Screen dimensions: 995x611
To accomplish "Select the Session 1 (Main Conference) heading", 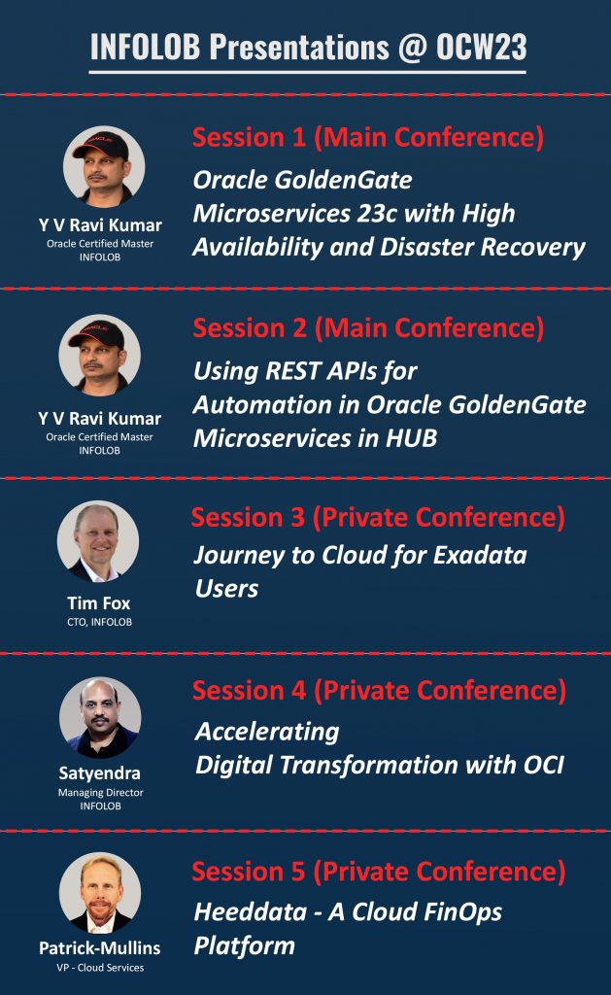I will [368, 138].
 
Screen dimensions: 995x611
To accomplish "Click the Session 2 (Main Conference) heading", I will [368, 328].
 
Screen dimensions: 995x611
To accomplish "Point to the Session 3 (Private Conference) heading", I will [378, 517].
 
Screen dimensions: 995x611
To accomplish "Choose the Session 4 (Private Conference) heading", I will [379, 691].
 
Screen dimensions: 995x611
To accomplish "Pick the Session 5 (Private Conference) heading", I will [378, 871].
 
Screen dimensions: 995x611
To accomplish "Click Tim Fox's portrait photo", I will [98, 541].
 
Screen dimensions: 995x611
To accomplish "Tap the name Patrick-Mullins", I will [100, 947].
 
